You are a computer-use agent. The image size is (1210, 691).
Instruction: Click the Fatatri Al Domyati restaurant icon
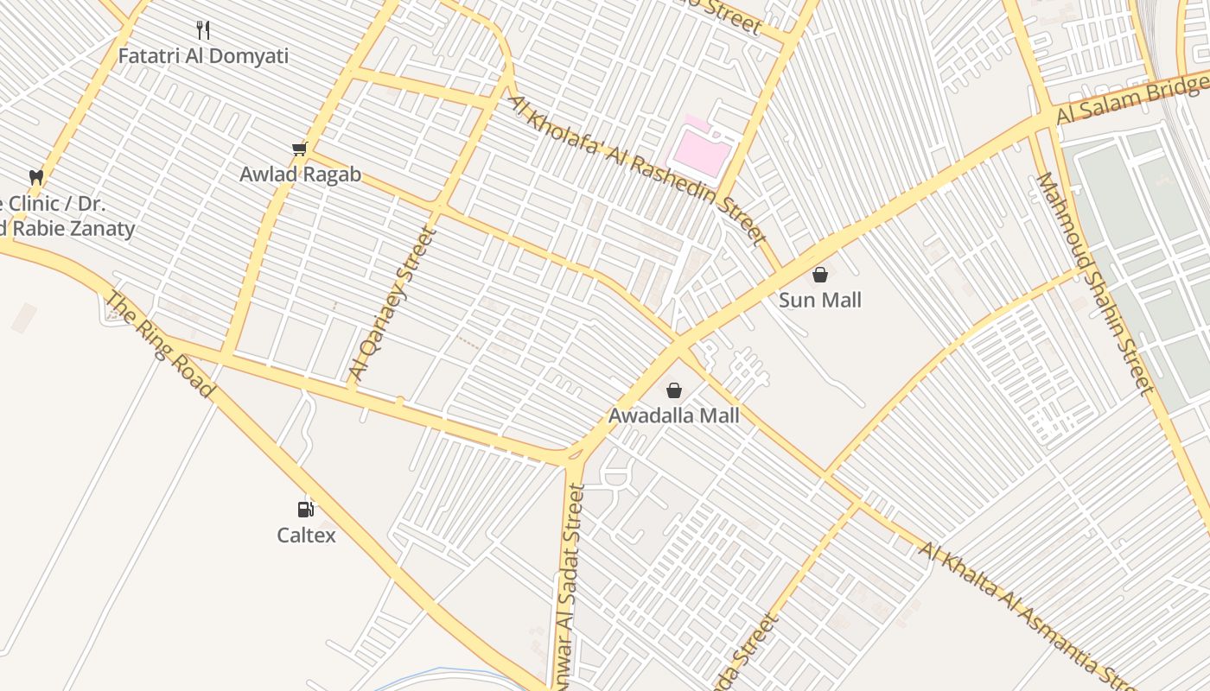[x=203, y=31]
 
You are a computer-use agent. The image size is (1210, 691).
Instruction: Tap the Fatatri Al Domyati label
[x=203, y=57]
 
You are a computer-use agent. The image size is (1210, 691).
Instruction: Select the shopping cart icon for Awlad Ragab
[x=300, y=149]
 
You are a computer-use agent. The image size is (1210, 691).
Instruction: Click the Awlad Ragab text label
[x=300, y=174]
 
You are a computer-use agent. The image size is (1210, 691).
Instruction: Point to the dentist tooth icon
[x=36, y=177]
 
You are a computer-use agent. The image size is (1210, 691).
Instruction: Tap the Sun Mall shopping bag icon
[x=820, y=275]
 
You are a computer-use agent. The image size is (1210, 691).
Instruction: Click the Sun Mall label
[x=820, y=301]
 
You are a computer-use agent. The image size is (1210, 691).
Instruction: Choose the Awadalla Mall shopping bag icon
[x=674, y=390]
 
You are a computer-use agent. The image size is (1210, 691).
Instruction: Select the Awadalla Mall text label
[x=674, y=415]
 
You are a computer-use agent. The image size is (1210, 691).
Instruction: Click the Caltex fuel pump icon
[x=306, y=510]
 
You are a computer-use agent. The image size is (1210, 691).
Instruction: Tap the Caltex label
[x=306, y=536]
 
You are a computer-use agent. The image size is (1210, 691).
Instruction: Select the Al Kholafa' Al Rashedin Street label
[x=638, y=170]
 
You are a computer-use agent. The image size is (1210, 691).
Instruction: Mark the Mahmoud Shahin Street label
[x=1095, y=283]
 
